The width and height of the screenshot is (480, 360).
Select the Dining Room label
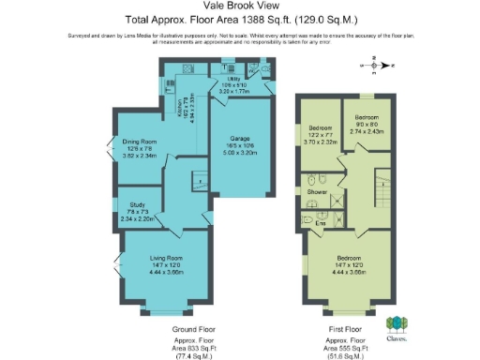pos(139,142)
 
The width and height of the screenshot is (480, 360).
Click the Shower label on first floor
pos(317,191)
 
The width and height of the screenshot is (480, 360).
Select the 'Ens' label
pos(320,222)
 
